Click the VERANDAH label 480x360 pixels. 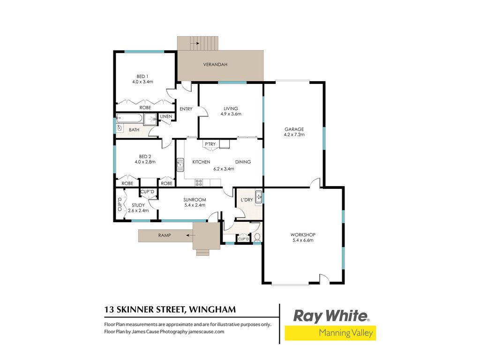(215, 65)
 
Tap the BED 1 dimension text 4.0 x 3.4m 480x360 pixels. (142, 82)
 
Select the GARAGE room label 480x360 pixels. (294, 129)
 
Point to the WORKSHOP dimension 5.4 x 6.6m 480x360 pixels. (303, 240)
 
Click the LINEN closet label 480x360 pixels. (166, 116)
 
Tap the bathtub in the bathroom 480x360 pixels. (129, 119)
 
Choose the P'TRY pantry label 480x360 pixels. (210, 144)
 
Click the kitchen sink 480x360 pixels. (180, 165)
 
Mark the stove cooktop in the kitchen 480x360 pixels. (199, 183)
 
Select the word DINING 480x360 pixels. (243, 162)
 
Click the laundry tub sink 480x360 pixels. (259, 197)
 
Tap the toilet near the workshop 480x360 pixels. (257, 237)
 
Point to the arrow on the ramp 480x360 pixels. (191, 235)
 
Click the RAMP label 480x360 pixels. (165, 235)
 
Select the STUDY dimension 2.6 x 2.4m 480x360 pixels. (138, 210)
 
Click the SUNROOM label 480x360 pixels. (195, 200)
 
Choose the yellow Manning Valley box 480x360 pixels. (330, 333)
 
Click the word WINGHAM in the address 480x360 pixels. (212, 309)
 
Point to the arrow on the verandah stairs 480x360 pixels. (195, 44)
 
